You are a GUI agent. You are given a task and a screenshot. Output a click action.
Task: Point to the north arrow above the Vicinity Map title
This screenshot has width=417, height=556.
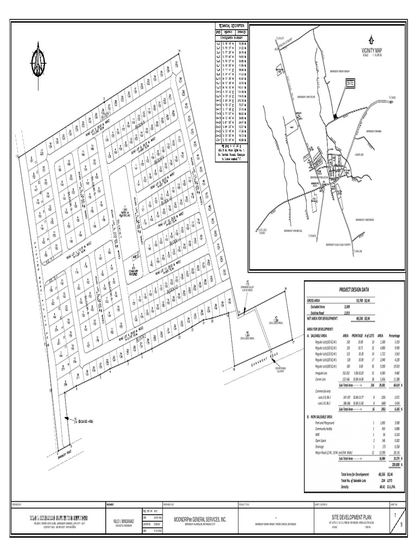[371, 39]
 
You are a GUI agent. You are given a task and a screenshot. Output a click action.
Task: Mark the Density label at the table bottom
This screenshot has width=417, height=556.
[346, 486]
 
